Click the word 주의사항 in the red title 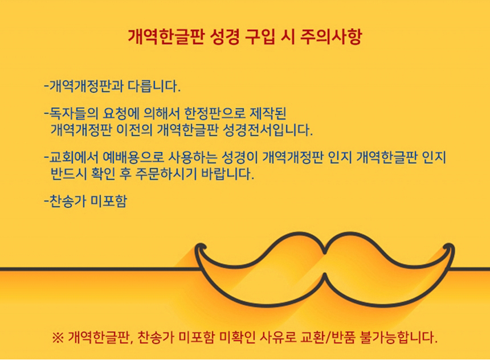tap(331, 37)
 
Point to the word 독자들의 tap(73, 113)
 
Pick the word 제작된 tap(268, 113)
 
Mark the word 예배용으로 tap(133, 157)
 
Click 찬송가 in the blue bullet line tap(68, 201)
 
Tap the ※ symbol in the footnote tap(58, 337)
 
